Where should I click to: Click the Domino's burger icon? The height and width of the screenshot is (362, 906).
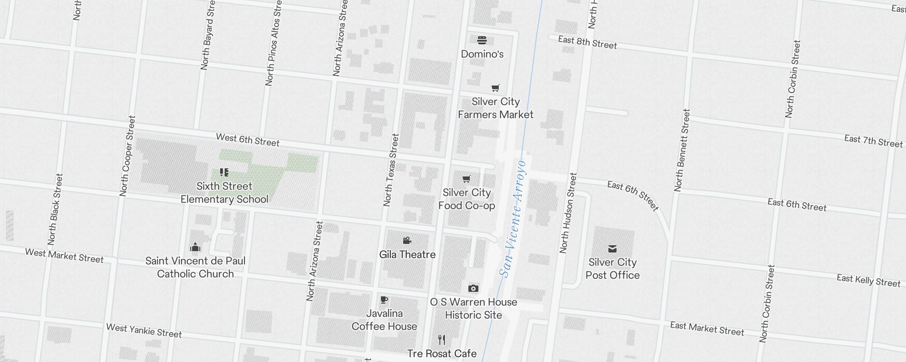pyautogui.click(x=482, y=40)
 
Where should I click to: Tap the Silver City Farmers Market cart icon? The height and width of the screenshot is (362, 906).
pyautogui.click(x=496, y=88)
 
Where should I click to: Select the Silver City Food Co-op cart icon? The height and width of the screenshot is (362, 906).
pyautogui.click(x=467, y=179)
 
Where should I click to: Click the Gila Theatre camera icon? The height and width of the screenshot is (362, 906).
pyautogui.click(x=407, y=241)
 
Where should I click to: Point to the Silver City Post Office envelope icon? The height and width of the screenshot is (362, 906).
pyautogui.click(x=612, y=248)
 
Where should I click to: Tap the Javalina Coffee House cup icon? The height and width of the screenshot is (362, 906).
pyautogui.click(x=384, y=300)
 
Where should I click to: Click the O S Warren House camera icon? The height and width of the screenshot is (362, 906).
pyautogui.click(x=473, y=288)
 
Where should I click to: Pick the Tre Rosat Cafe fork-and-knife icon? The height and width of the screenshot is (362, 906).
pyautogui.click(x=442, y=340)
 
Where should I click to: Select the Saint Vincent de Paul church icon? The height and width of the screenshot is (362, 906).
pyautogui.click(x=195, y=247)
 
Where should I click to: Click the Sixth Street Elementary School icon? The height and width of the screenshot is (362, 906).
pyautogui.click(x=224, y=172)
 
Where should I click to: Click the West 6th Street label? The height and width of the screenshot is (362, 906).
pyautogui.click(x=248, y=140)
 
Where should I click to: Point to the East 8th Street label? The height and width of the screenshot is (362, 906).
pyautogui.click(x=588, y=43)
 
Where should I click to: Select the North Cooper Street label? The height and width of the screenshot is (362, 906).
pyautogui.click(x=127, y=156)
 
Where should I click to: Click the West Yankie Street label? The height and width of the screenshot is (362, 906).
pyautogui.click(x=144, y=331)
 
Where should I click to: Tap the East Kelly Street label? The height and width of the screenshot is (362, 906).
pyautogui.click(x=868, y=281)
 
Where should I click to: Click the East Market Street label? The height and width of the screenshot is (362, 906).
pyautogui.click(x=707, y=329)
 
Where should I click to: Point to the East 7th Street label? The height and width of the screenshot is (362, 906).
pyautogui.click(x=873, y=141)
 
